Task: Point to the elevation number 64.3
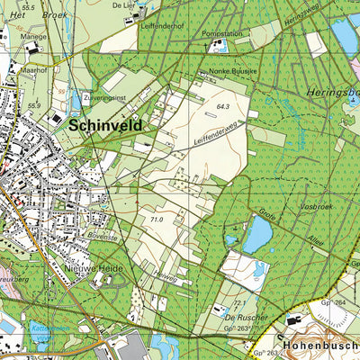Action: (223, 106)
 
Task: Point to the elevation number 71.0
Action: (157, 219)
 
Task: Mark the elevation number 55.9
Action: (34, 105)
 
